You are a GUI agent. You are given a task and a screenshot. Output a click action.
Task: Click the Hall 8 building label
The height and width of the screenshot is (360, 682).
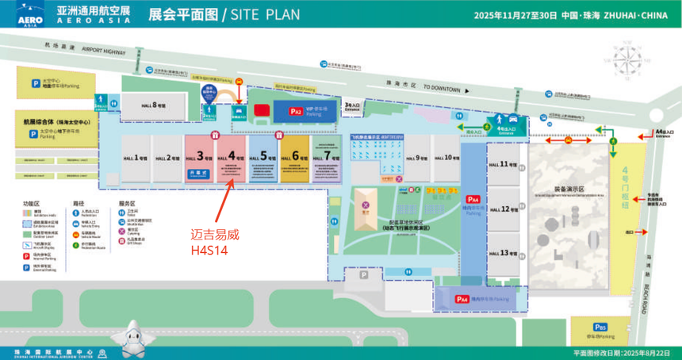(x=151, y=105)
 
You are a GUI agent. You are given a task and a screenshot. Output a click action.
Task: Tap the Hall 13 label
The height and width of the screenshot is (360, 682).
(x=504, y=253)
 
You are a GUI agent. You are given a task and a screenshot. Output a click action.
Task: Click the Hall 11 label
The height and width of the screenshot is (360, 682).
(x=504, y=165)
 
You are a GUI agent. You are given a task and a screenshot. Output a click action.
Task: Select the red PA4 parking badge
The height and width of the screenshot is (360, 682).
(x=473, y=199)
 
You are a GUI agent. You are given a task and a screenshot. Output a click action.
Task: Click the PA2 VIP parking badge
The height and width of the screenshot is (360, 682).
(x=294, y=113)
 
